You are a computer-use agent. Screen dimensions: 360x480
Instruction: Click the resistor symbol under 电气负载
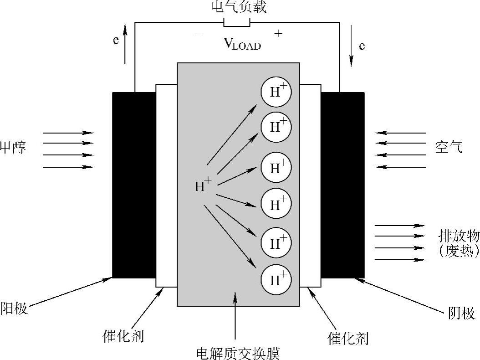click(237, 22)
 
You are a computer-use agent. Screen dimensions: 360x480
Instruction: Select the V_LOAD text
click(242, 44)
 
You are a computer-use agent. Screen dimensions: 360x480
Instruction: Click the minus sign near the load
click(197, 34)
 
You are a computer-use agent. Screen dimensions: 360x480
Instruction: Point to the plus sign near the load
click(278, 33)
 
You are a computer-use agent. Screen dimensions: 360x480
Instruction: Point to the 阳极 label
click(14, 308)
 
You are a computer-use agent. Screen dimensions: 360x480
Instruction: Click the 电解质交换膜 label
click(237, 353)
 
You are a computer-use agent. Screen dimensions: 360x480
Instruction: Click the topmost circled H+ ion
click(276, 92)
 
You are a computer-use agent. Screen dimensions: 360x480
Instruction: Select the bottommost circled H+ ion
click(276, 279)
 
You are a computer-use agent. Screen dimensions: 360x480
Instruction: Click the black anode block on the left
click(134, 185)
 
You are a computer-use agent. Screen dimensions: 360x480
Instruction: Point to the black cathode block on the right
click(342, 185)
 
